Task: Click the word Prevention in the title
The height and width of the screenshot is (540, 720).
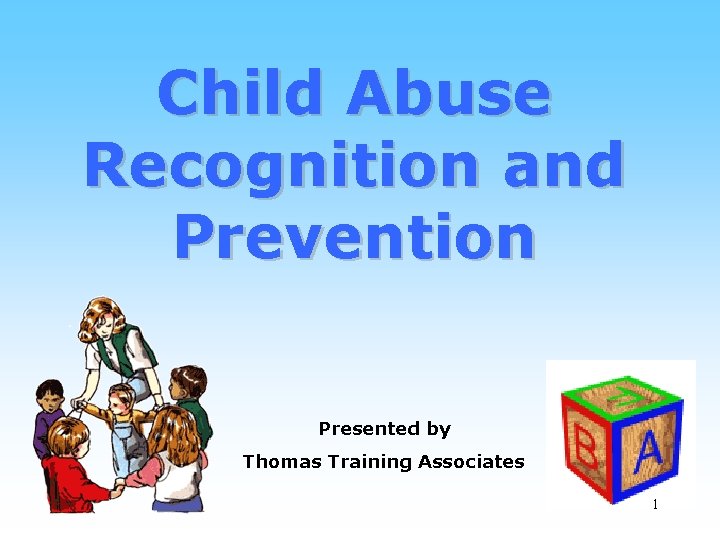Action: tap(355, 236)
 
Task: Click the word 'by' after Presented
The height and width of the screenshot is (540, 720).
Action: tap(439, 430)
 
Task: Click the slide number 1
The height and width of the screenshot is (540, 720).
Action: tap(655, 505)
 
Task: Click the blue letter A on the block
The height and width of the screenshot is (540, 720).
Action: tap(649, 451)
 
